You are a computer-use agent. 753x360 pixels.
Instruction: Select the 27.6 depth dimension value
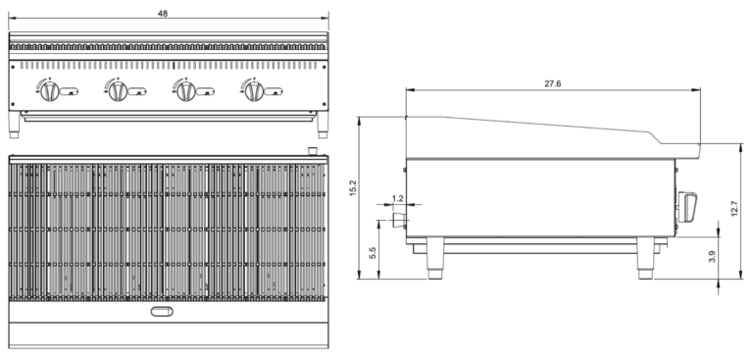tap(552, 84)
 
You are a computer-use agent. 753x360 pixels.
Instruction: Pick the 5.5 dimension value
tap(373, 253)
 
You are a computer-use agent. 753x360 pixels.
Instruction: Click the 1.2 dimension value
tap(397, 198)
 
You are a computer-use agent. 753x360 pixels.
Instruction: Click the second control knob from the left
tap(116, 90)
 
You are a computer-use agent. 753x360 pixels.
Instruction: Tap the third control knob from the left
tap(184, 90)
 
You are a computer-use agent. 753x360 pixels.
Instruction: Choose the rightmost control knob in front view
tap(253, 90)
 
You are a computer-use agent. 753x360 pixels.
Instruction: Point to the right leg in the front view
tap(322, 123)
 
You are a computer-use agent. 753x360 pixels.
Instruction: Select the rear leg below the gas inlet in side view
tap(432, 259)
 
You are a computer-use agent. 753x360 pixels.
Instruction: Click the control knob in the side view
tap(688, 208)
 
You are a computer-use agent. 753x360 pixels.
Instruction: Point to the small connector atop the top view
tap(313, 150)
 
